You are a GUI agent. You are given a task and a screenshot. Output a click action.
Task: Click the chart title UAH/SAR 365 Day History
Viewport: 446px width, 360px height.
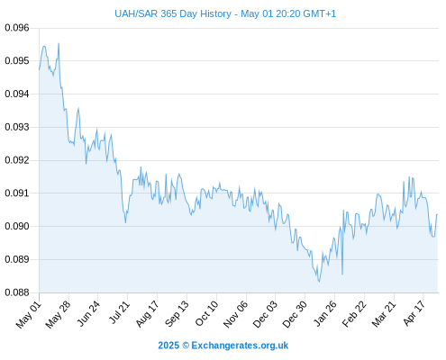tap(173, 13)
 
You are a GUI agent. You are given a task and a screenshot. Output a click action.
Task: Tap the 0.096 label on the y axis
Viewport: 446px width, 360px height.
tap(17, 28)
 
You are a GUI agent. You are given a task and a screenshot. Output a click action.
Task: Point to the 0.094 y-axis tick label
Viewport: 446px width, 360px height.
tap(17, 94)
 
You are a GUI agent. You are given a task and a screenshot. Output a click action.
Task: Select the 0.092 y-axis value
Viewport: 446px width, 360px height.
tap(17, 160)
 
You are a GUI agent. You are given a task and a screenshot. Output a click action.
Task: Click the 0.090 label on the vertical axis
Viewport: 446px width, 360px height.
tap(17, 226)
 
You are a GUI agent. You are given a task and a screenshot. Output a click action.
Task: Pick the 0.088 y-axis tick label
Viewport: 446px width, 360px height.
tap(17, 292)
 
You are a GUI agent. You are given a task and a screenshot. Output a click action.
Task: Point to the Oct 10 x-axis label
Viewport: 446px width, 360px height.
tap(207, 313)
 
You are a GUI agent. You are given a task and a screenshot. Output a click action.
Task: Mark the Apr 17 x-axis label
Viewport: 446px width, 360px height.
tap(414, 313)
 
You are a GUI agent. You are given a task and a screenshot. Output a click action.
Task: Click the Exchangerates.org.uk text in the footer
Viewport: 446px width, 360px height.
tap(240, 346)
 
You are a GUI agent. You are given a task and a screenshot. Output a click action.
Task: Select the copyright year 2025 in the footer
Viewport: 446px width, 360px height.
tap(168, 346)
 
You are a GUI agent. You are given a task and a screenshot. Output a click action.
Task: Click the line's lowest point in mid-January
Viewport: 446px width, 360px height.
tap(319, 282)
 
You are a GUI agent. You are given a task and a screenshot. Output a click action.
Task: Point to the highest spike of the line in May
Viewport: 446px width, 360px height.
tap(59, 43)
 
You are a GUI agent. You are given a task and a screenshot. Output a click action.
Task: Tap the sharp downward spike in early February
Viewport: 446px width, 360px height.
tap(342, 274)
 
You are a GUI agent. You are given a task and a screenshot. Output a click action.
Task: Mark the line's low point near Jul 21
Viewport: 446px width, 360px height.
tap(125, 222)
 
